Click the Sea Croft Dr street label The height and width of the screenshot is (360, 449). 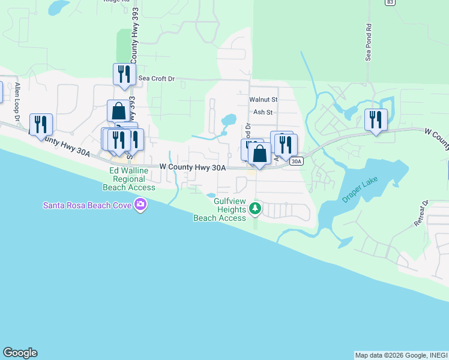(156, 79)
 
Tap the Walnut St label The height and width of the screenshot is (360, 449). (264, 100)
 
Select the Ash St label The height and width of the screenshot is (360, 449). (263, 112)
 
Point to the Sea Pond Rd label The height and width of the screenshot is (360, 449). (369, 43)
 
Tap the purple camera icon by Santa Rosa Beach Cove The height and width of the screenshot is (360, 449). (140, 206)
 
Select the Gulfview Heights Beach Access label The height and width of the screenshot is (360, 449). (220, 210)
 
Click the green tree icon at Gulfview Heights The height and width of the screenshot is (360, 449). (256, 209)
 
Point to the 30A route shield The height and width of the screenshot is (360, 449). (296, 161)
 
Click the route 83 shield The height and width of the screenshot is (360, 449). (390, 2)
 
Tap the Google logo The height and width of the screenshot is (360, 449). (20, 353)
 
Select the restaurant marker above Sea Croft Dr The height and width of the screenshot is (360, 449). (124, 74)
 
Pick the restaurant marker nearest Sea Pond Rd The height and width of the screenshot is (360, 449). (376, 119)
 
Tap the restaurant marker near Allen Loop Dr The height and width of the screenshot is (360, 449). (41, 125)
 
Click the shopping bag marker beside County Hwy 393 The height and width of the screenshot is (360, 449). (119, 111)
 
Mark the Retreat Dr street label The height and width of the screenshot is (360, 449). (421, 213)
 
